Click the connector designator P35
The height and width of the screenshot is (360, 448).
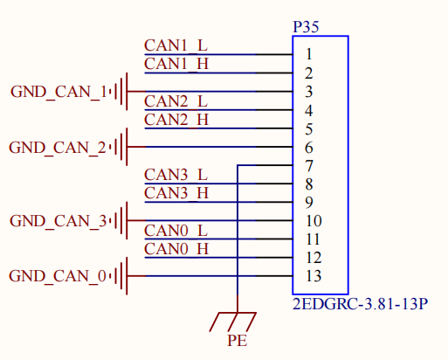306,27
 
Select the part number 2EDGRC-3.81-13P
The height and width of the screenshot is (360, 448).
360,304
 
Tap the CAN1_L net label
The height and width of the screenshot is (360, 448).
176,45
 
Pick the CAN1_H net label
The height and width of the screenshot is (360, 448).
176,64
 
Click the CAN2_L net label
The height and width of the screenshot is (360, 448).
176,101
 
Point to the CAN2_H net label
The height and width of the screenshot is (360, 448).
176,120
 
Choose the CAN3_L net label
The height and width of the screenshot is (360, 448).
176,175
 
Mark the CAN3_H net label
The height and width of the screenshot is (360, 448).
176,193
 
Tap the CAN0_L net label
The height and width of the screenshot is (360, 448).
176,231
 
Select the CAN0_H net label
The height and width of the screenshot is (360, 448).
176,249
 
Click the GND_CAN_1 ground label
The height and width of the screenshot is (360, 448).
59,93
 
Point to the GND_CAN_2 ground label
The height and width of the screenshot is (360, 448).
58,148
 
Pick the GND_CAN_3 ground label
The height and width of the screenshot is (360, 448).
59,221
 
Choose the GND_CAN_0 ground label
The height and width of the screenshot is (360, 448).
58,276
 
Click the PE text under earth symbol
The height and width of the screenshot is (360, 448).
237,341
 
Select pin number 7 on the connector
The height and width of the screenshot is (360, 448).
309,166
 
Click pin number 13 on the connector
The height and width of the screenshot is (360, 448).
314,276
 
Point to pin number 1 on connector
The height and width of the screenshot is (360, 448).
309,54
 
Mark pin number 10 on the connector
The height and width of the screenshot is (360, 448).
314,221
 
